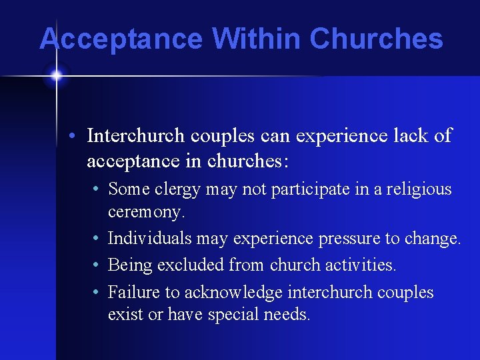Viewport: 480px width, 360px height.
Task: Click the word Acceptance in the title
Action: tap(121, 39)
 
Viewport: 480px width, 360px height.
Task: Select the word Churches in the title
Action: tap(376, 39)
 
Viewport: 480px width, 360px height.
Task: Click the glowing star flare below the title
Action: tap(56, 75)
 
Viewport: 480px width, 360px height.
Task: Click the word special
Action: tap(235, 314)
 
